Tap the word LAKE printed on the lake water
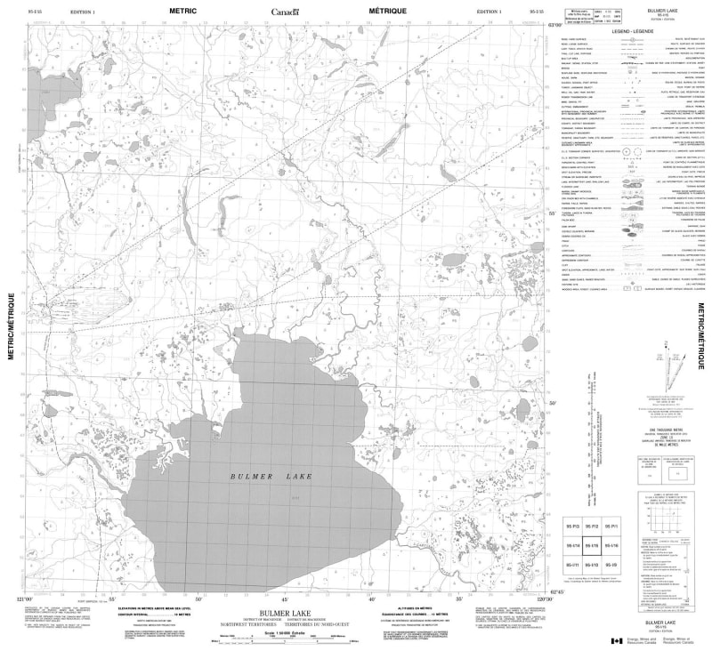click(298, 478)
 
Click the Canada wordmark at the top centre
click(286, 12)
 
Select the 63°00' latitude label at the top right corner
click(553, 24)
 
